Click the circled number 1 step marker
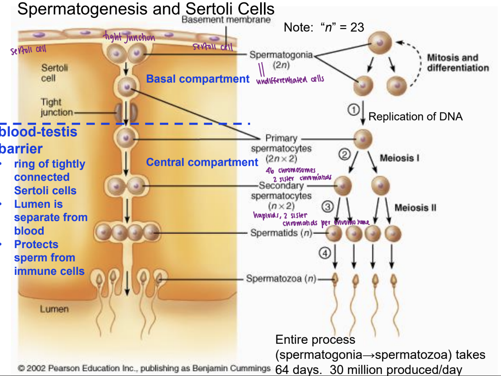(354, 109)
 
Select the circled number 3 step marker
(327, 206)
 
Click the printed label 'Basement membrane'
(226, 20)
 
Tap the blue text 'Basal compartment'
(198, 79)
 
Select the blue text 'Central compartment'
(202, 162)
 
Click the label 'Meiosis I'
(399, 158)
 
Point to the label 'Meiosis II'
(415, 207)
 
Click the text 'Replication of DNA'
(415, 116)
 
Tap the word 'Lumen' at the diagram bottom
(54, 309)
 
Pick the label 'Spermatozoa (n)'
(281, 279)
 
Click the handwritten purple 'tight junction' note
(129, 38)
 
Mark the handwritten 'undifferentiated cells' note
(290, 80)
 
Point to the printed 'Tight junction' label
(51, 107)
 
